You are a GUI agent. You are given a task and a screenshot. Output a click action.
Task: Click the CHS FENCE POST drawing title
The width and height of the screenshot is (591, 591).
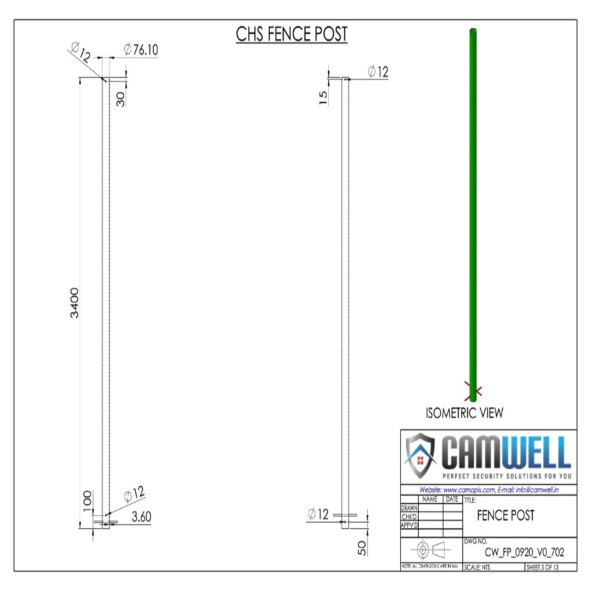291,34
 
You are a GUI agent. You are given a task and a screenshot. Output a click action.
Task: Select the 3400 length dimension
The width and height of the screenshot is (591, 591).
74,303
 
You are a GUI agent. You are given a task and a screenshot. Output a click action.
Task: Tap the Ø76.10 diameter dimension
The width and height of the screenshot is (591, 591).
141,49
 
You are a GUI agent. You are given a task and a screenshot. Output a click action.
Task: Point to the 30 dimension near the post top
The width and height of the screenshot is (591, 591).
121,99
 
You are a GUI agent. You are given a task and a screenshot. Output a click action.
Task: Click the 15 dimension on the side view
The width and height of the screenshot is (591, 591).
323,97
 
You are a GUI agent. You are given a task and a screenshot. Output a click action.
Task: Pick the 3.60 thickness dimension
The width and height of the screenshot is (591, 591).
141,517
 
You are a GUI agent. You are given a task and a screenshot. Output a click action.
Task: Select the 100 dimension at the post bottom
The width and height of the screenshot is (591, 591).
87,501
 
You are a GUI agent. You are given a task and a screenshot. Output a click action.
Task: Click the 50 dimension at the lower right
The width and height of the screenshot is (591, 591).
362,548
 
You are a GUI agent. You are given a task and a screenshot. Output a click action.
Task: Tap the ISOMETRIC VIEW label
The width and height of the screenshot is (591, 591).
464,413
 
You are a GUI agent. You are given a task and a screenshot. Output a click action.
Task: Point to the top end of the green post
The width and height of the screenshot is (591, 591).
473,31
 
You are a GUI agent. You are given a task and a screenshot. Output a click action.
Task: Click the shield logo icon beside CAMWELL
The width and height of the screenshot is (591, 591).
420,455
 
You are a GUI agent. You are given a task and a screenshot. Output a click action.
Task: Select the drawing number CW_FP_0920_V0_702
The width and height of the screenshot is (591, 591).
524,552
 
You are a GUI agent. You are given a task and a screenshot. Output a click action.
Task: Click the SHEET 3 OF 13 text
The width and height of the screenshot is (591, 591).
543,567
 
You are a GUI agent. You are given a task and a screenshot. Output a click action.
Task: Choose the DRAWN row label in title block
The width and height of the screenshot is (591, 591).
409,508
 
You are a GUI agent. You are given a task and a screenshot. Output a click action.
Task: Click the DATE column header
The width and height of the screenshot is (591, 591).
452,499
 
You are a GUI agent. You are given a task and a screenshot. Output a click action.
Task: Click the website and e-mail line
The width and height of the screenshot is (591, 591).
489,490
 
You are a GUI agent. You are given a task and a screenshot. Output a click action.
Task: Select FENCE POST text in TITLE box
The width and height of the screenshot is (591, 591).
506,515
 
